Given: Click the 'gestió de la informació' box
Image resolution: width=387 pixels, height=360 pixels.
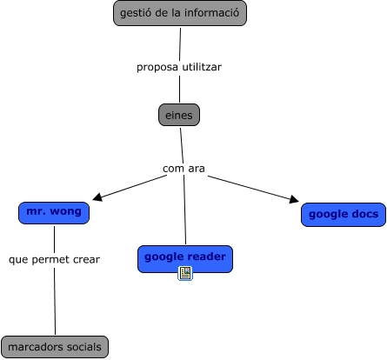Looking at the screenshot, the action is click(180, 13).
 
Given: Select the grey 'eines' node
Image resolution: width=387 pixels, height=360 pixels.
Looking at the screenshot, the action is click(179, 115).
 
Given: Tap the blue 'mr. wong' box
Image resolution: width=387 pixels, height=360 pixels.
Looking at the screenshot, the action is click(54, 213).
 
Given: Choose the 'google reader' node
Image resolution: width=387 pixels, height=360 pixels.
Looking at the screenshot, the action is click(185, 259).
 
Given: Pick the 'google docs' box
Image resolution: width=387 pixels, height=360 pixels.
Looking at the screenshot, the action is click(344, 215).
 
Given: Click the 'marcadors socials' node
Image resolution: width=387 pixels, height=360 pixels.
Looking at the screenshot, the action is click(55, 347).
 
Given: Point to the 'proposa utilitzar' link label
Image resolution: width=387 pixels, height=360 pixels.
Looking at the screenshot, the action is click(179, 67).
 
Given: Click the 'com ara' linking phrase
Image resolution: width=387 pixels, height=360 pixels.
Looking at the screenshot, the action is click(183, 169).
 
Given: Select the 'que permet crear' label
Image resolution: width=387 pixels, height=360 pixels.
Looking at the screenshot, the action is click(54, 259).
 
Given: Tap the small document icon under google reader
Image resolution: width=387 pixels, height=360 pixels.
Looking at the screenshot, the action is click(185, 273).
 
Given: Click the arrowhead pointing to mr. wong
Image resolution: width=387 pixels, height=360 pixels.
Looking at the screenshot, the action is click(97, 197).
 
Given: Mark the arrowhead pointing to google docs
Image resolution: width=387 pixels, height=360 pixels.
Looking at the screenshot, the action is click(294, 199).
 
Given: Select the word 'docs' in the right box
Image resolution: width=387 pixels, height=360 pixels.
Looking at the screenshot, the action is click(365, 214).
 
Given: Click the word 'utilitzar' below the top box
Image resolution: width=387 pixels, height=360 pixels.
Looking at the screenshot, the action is click(202, 67).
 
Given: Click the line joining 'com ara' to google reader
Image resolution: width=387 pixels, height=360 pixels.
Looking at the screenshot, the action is click(184, 210).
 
